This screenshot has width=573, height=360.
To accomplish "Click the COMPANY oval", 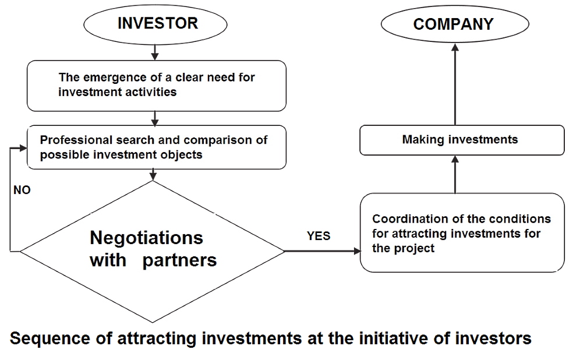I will point(453,24).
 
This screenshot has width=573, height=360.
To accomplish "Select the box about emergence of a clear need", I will point(157,85).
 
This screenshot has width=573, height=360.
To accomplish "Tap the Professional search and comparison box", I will point(157,147).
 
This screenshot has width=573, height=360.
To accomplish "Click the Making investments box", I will point(461,140).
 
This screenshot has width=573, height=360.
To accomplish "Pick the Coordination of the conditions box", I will point(462,233).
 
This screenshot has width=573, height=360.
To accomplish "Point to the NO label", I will point(22,190).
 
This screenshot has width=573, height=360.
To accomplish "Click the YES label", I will point(319,236).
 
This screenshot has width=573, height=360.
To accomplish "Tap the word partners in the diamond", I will point(179,260).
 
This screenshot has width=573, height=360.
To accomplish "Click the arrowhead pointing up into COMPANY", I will point(455,52).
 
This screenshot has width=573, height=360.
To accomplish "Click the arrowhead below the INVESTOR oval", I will point(155,56).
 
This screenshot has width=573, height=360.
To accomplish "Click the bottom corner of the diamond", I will point(153,322).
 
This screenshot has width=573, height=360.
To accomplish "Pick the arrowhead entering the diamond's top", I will point(153,176).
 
